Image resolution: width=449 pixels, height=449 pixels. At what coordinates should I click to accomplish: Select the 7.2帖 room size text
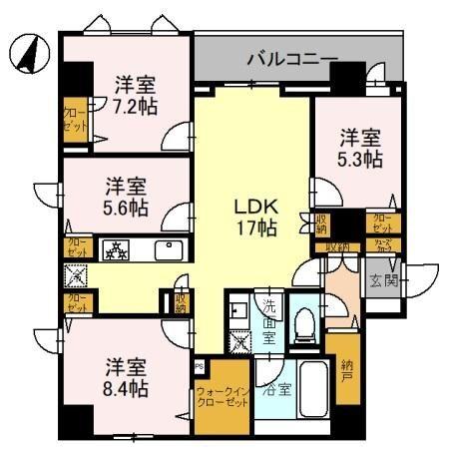pyautogui.click(x=132, y=104)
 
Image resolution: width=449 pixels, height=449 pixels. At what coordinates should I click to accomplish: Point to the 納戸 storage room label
pyautogui.click(x=346, y=370)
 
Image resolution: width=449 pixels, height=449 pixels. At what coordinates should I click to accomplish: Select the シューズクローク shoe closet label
pyautogui.click(x=381, y=246)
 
